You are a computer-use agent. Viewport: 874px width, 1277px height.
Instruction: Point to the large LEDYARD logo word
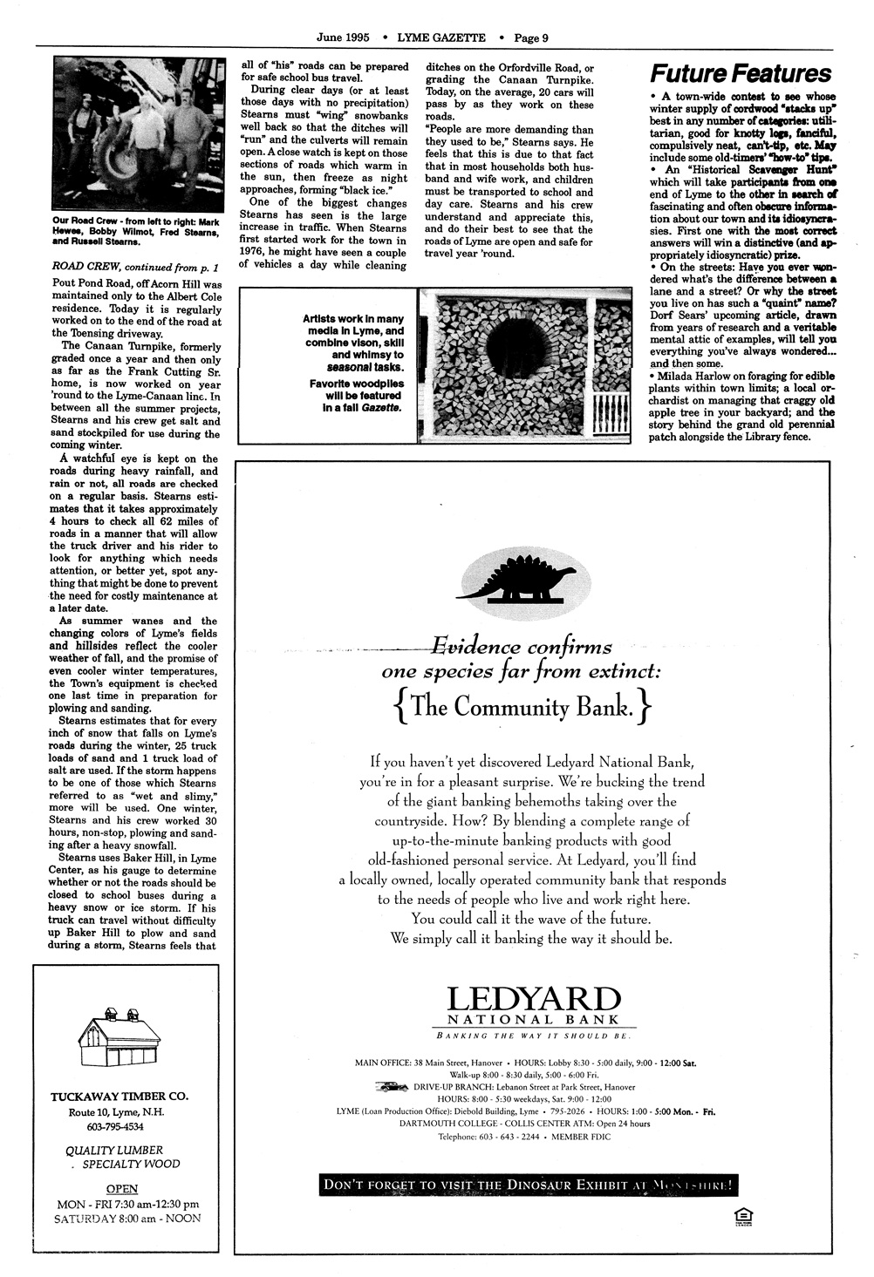tap(533, 1001)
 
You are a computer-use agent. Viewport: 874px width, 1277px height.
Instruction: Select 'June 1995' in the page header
tap(343, 37)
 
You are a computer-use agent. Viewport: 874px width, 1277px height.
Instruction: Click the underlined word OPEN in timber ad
tap(122, 1188)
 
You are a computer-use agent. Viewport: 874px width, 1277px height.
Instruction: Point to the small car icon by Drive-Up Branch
tap(392, 1087)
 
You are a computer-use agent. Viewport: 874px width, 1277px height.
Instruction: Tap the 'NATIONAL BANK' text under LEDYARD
tap(533, 1020)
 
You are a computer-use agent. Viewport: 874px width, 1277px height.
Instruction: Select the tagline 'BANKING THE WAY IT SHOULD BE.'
tap(533, 1036)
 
